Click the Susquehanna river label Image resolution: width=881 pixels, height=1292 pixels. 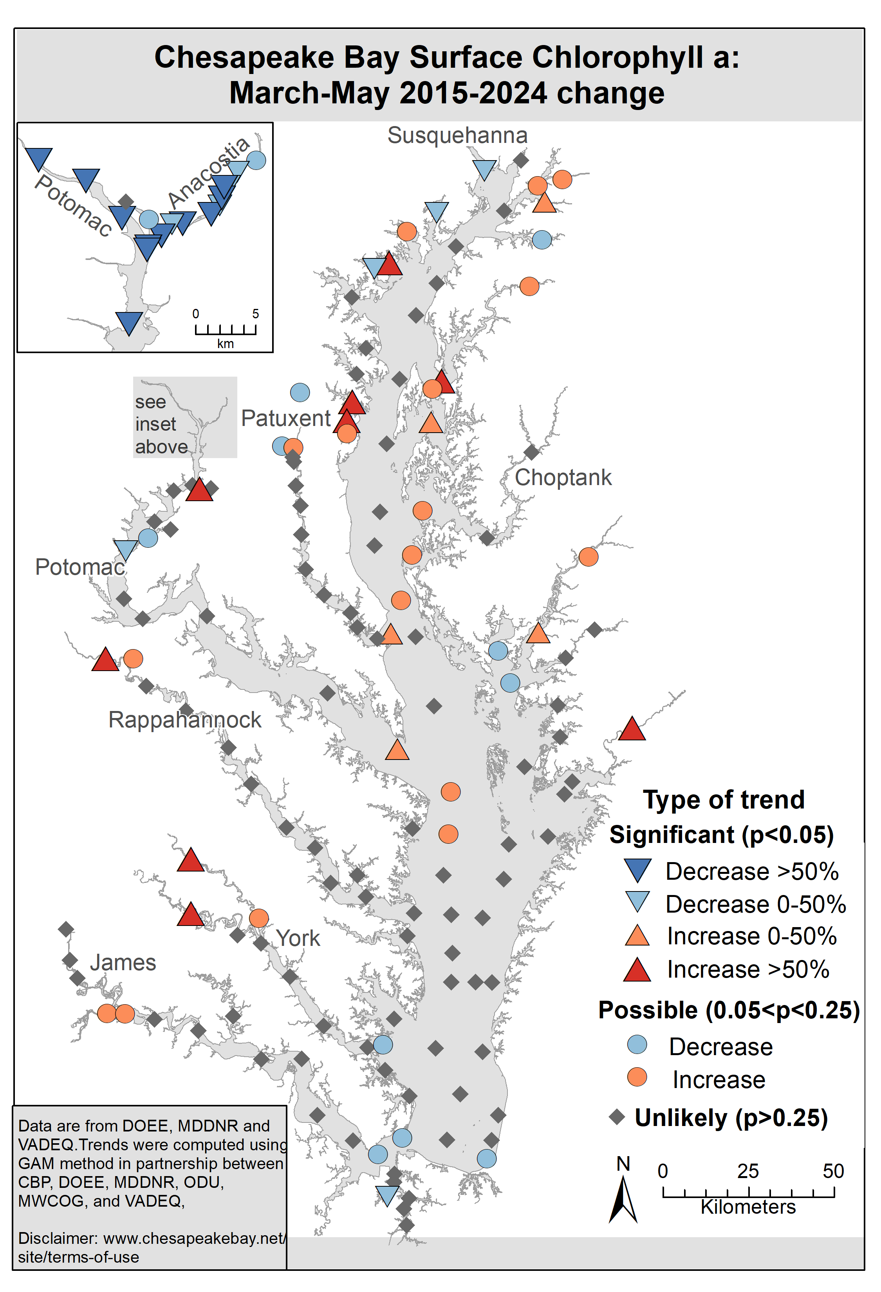[x=457, y=135]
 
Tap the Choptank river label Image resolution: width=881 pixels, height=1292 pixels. [x=563, y=478]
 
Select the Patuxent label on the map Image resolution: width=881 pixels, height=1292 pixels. [x=286, y=418]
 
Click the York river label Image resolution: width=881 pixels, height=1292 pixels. [x=298, y=938]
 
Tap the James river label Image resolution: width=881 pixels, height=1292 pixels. [x=123, y=962]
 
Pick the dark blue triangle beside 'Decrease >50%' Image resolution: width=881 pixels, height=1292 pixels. [x=637, y=870]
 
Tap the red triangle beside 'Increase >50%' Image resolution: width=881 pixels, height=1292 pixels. [x=637, y=970]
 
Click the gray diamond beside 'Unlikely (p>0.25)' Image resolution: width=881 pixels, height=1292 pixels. [x=617, y=1117]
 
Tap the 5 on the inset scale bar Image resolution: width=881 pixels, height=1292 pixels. [x=256, y=314]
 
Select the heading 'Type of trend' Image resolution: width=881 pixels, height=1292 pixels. [x=724, y=800]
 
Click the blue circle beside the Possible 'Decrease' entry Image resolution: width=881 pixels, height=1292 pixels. [x=637, y=1045]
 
